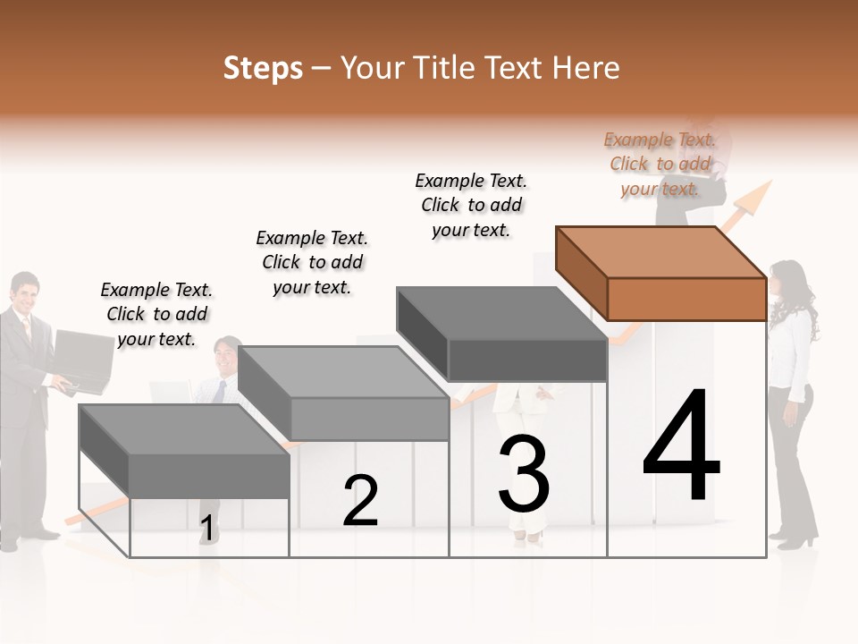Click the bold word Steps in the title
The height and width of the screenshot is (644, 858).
click(x=263, y=68)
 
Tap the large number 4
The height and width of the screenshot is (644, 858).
click(x=681, y=447)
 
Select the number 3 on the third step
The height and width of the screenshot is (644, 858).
click(x=524, y=476)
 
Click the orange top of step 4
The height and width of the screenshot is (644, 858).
click(x=661, y=252)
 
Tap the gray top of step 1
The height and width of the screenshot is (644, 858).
click(x=183, y=429)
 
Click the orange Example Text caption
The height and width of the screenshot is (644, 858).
click(x=660, y=164)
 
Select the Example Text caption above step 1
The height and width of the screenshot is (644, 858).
click(x=156, y=314)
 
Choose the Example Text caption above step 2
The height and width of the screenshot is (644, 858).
click(x=312, y=262)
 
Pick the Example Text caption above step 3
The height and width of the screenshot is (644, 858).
click(x=471, y=205)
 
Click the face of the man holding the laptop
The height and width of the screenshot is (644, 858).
click(x=25, y=292)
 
